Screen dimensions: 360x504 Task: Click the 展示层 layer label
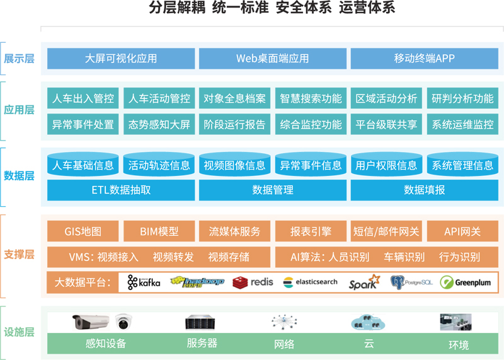coord(19,59)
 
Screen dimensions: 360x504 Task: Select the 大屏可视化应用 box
coord(121,59)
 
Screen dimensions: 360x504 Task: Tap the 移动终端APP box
coord(424,59)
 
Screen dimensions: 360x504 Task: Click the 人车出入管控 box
coord(83,98)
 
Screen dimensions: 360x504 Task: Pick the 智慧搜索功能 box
coord(311,98)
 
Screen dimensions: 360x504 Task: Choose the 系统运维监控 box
coord(462,124)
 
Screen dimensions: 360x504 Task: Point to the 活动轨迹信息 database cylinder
coord(159,165)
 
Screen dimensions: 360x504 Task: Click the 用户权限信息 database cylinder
coord(386,165)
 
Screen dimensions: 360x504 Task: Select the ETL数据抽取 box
coord(121,190)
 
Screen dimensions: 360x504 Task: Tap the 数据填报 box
coord(424,190)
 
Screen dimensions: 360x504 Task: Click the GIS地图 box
coord(83,231)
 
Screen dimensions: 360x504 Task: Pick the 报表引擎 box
coord(311,231)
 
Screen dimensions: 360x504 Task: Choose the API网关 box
coord(462,231)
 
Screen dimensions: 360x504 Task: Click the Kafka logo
coord(144,282)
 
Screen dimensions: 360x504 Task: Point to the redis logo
coord(253,282)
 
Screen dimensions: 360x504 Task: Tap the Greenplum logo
coord(466,282)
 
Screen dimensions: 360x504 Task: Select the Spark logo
coord(364,282)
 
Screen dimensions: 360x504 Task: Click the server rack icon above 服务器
coord(201,323)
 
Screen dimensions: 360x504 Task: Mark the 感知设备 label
coord(106,344)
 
